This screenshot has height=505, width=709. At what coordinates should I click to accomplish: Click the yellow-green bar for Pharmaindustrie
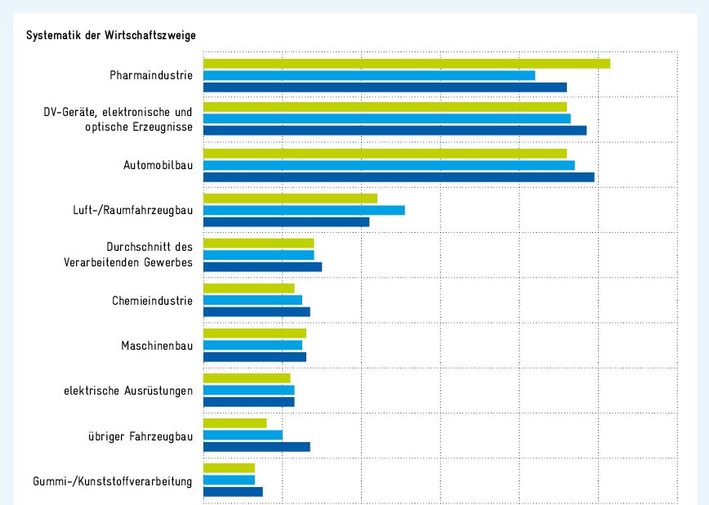[x=406, y=64]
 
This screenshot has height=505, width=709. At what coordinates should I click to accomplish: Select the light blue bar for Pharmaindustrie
[x=368, y=75]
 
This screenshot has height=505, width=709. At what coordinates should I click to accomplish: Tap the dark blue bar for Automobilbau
[x=398, y=177]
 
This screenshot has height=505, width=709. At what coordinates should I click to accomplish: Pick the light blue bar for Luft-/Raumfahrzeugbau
[x=303, y=210]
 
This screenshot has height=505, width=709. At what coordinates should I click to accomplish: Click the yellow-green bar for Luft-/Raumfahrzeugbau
[x=289, y=198]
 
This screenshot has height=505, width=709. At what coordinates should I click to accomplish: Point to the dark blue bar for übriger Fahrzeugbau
[x=256, y=446]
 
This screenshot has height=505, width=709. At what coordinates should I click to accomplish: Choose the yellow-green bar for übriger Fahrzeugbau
[x=234, y=422]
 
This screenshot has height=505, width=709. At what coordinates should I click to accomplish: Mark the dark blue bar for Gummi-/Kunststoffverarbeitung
[x=232, y=491]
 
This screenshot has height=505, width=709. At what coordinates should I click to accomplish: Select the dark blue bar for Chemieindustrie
[x=256, y=311]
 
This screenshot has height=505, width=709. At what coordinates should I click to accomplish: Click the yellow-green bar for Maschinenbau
[x=254, y=333]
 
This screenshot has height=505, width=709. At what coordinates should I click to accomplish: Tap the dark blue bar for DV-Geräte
[x=394, y=130]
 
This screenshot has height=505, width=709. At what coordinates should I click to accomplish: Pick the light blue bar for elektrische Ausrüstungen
[x=248, y=390]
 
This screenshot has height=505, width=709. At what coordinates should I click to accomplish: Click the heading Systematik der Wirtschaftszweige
[x=111, y=36]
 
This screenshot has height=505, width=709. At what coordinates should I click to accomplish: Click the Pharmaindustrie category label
[x=151, y=75]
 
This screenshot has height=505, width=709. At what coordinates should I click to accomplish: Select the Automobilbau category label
[x=158, y=165]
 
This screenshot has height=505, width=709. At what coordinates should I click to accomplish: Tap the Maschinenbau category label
[x=157, y=346]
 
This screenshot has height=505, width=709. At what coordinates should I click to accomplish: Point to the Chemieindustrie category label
[x=152, y=301]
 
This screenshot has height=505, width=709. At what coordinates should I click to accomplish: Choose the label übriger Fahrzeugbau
[x=140, y=436]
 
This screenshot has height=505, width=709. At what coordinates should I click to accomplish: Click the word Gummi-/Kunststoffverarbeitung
[x=113, y=481]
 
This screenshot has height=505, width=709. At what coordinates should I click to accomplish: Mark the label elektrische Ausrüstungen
[x=128, y=391]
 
